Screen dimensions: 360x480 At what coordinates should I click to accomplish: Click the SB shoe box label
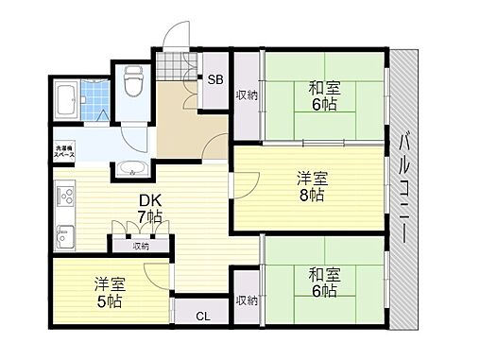pyautogui.click(x=215, y=80)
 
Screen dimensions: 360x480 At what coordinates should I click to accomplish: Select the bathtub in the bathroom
pyautogui.click(x=67, y=99)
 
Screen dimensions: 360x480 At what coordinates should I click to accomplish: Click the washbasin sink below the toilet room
pyautogui.click(x=130, y=170)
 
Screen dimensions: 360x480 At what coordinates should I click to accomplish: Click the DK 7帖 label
pyautogui.click(x=149, y=209)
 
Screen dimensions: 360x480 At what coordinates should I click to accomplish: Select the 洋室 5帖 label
pyautogui.click(x=109, y=291)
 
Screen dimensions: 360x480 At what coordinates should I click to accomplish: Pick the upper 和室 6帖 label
pyautogui.click(x=324, y=97)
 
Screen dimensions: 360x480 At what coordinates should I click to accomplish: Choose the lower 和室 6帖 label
pyautogui.click(x=324, y=283)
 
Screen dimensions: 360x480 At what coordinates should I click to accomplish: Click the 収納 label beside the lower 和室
pyautogui.click(x=247, y=300)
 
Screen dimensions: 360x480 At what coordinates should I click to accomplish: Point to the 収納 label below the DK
pyautogui.click(x=140, y=246)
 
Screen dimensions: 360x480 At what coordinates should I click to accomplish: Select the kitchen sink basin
pyautogui.click(x=64, y=234)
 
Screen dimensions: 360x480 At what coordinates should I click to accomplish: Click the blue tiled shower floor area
pyautogui.click(x=96, y=100)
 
